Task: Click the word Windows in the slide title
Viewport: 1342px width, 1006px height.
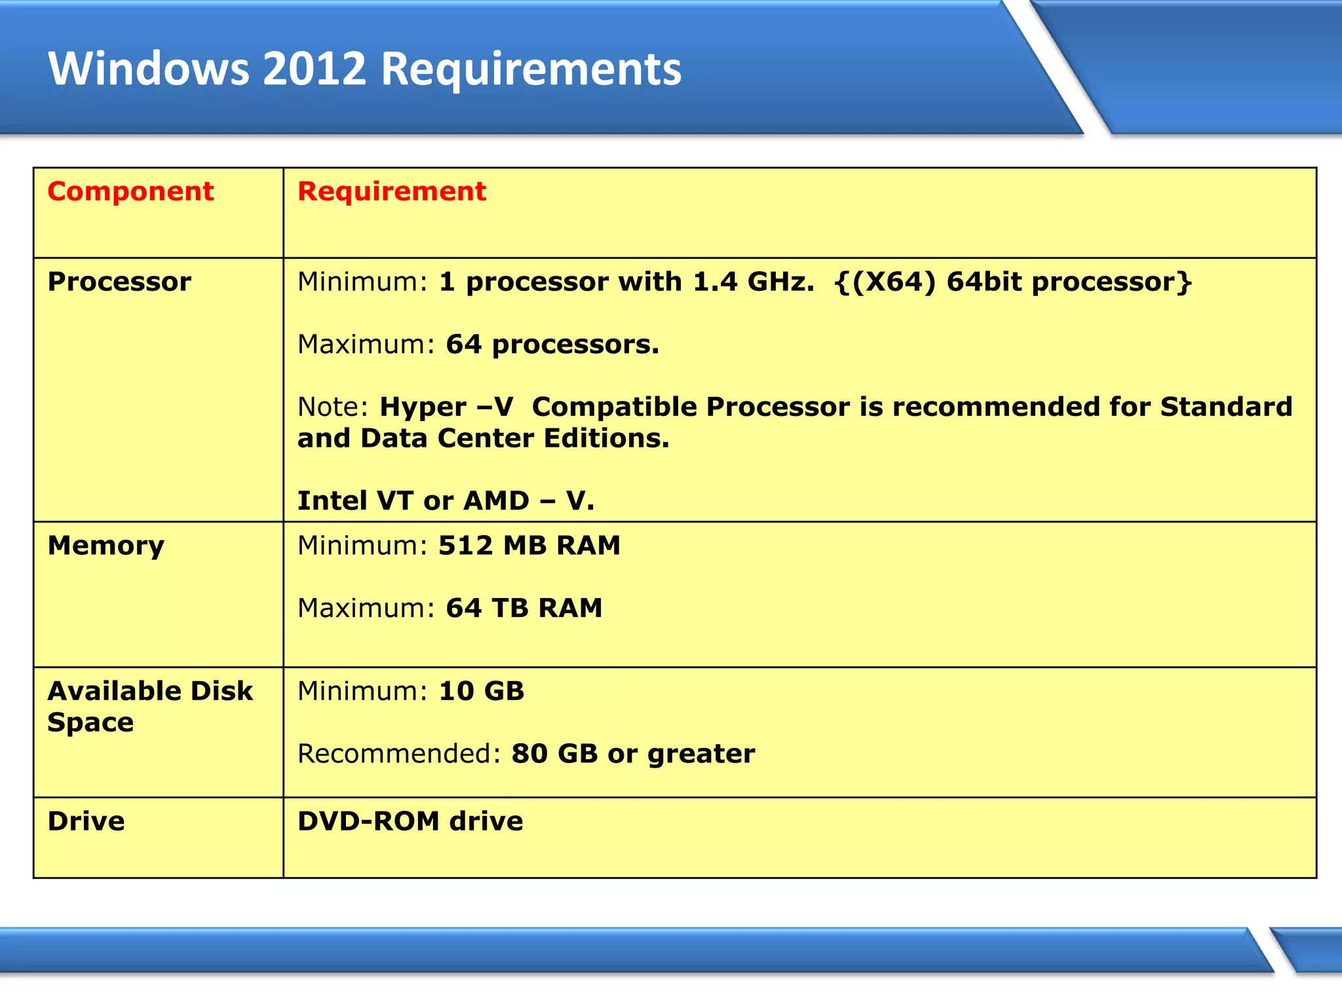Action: pos(149,69)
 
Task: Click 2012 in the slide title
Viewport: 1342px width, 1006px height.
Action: pos(314,69)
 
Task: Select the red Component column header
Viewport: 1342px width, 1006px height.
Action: pos(130,191)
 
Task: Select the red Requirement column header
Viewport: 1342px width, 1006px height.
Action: pos(392,191)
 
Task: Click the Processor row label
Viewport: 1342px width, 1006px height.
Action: pos(119,282)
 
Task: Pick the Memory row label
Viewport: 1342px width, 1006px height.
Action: pos(105,546)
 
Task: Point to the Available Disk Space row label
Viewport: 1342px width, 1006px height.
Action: pos(149,706)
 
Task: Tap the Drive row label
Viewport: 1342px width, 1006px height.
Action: pos(86,821)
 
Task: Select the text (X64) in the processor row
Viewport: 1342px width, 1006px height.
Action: pos(894,282)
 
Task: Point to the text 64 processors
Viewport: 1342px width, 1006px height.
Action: pos(552,345)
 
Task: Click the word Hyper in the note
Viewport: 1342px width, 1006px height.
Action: pos(423,407)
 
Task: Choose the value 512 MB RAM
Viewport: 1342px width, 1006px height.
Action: pos(529,546)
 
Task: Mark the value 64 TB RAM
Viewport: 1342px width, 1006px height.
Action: pos(524,608)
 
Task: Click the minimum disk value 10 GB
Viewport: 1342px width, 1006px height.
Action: pos(481,691)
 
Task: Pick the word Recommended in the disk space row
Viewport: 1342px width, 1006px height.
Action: pos(394,754)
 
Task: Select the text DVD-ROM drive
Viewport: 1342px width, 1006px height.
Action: pos(410,821)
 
